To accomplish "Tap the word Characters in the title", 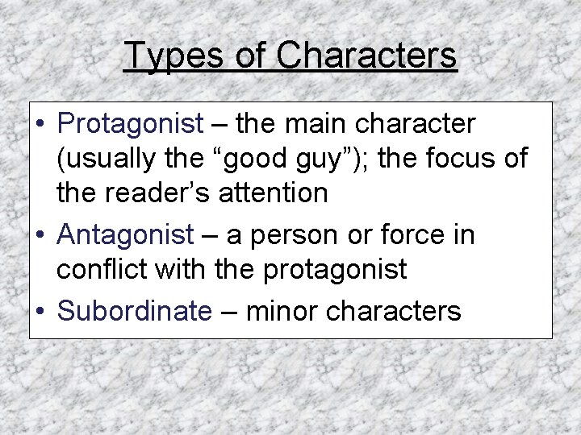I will pos(367,56).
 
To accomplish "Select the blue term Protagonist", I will pos(131,125).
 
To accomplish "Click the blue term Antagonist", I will pos(126,235).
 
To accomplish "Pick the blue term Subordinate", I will pos(134,311).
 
